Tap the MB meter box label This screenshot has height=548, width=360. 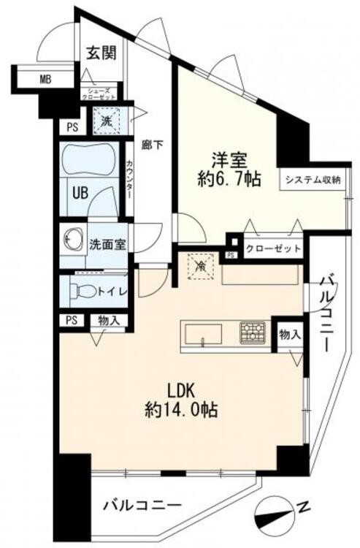(45, 80)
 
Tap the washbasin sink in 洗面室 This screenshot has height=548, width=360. (73, 240)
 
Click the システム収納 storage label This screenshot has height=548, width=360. (313, 180)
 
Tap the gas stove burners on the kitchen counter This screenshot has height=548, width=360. (254, 332)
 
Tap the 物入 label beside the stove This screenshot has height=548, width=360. (290, 335)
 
